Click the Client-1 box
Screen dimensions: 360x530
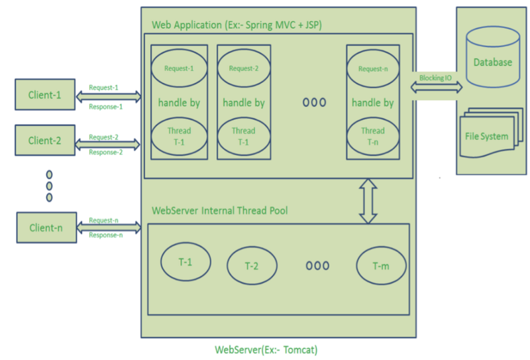point(44,95)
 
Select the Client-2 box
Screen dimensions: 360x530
point(44,140)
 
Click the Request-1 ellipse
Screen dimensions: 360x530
point(179,68)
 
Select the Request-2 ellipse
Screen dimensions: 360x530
point(244,68)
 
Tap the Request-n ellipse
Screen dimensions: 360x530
point(373,68)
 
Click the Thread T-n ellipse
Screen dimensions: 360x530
point(373,135)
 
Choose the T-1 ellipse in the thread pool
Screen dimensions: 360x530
point(185,262)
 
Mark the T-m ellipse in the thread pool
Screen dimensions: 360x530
point(380,266)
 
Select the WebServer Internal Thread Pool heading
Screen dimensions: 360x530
point(220,211)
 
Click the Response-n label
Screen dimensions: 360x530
point(105,235)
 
